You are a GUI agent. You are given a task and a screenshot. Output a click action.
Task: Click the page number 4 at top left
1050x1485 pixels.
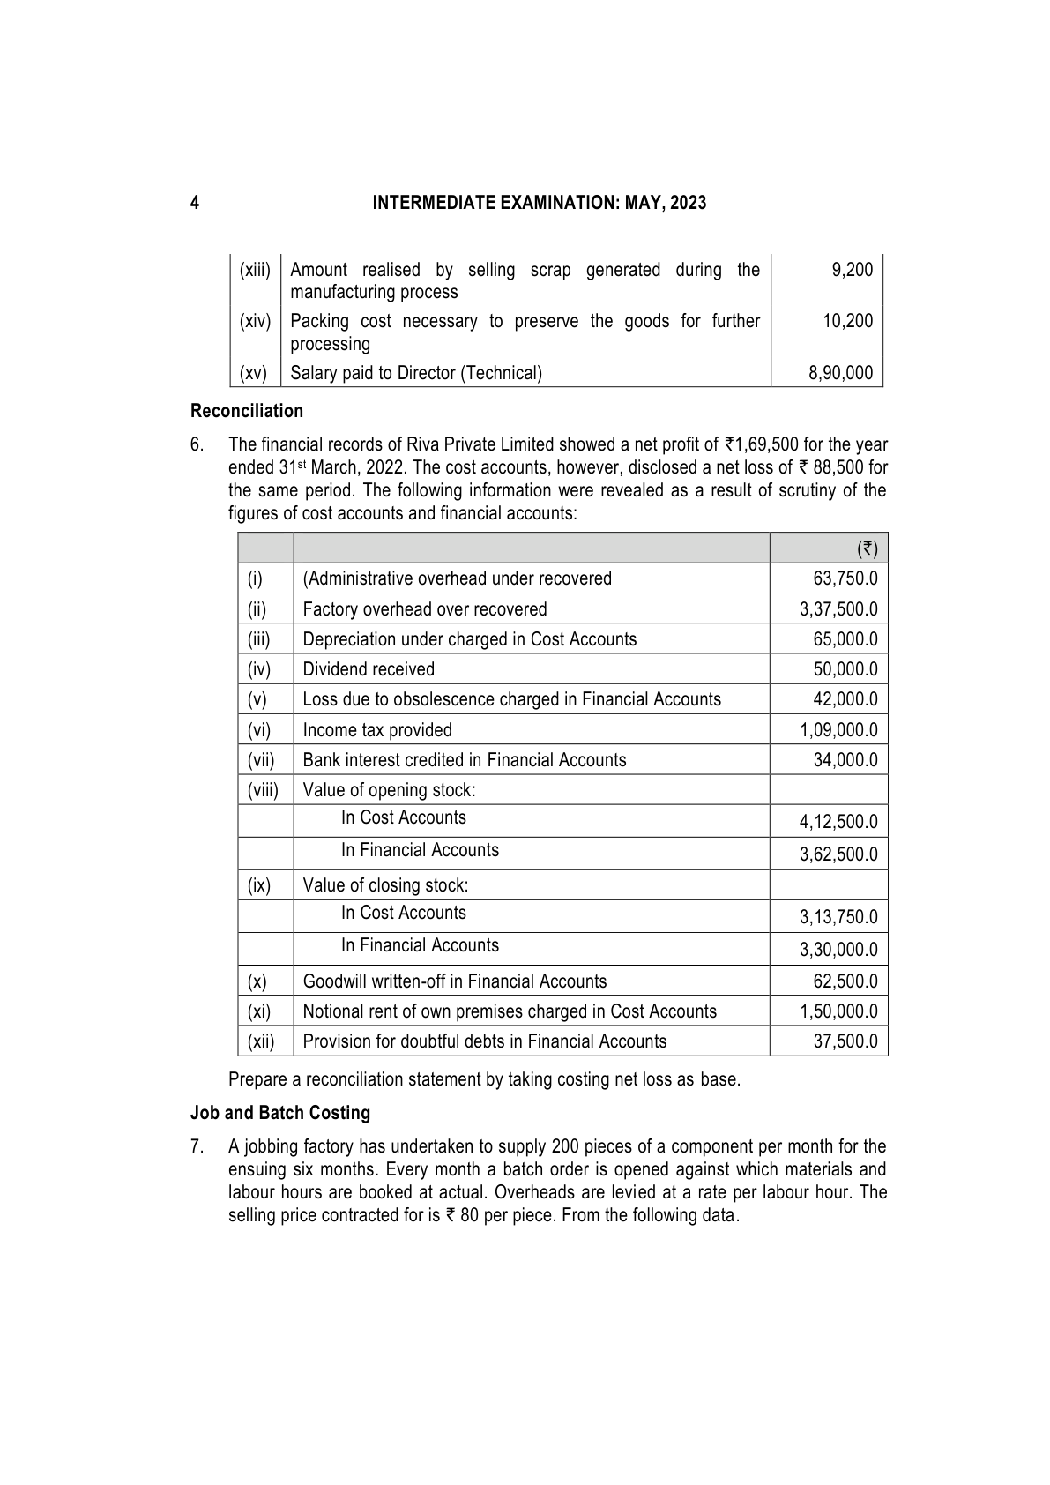click(x=195, y=203)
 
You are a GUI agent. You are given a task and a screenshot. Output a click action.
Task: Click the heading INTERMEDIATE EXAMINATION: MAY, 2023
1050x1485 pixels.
click(x=539, y=203)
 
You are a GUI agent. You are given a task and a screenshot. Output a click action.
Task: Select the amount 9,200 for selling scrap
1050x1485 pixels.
click(x=852, y=270)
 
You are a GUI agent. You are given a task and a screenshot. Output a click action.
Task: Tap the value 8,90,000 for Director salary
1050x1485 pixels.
click(x=840, y=373)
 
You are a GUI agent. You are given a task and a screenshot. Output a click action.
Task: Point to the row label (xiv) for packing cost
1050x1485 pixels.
click(x=255, y=321)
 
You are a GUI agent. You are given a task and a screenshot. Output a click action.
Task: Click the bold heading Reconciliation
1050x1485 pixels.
click(x=247, y=411)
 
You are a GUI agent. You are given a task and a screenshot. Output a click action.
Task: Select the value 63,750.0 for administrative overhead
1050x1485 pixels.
click(x=845, y=578)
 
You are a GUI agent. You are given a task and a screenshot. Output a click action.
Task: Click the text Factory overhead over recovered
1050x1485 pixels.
click(x=424, y=609)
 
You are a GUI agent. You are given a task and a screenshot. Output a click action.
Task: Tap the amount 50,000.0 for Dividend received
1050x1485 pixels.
click(x=845, y=669)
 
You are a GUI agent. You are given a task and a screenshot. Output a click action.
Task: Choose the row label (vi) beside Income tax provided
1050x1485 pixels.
click(x=259, y=730)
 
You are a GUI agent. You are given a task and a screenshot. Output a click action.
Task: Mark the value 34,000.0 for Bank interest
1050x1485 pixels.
click(x=845, y=760)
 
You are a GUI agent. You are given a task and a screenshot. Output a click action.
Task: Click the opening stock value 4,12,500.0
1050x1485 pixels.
click(x=838, y=822)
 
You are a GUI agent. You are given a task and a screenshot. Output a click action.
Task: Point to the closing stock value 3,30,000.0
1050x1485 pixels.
click(x=838, y=950)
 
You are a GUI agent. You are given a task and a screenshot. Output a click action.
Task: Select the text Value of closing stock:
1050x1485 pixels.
click(x=385, y=885)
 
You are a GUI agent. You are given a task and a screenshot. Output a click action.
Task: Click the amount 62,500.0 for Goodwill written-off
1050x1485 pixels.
click(x=845, y=981)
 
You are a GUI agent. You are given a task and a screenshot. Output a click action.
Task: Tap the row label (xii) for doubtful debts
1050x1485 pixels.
click(x=261, y=1041)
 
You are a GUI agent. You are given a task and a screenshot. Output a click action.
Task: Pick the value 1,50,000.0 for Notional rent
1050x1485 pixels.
click(x=838, y=1011)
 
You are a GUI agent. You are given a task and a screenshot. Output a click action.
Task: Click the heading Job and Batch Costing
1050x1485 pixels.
click(x=280, y=1113)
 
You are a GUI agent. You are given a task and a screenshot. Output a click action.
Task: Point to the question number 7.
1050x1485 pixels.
click(x=197, y=1147)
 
